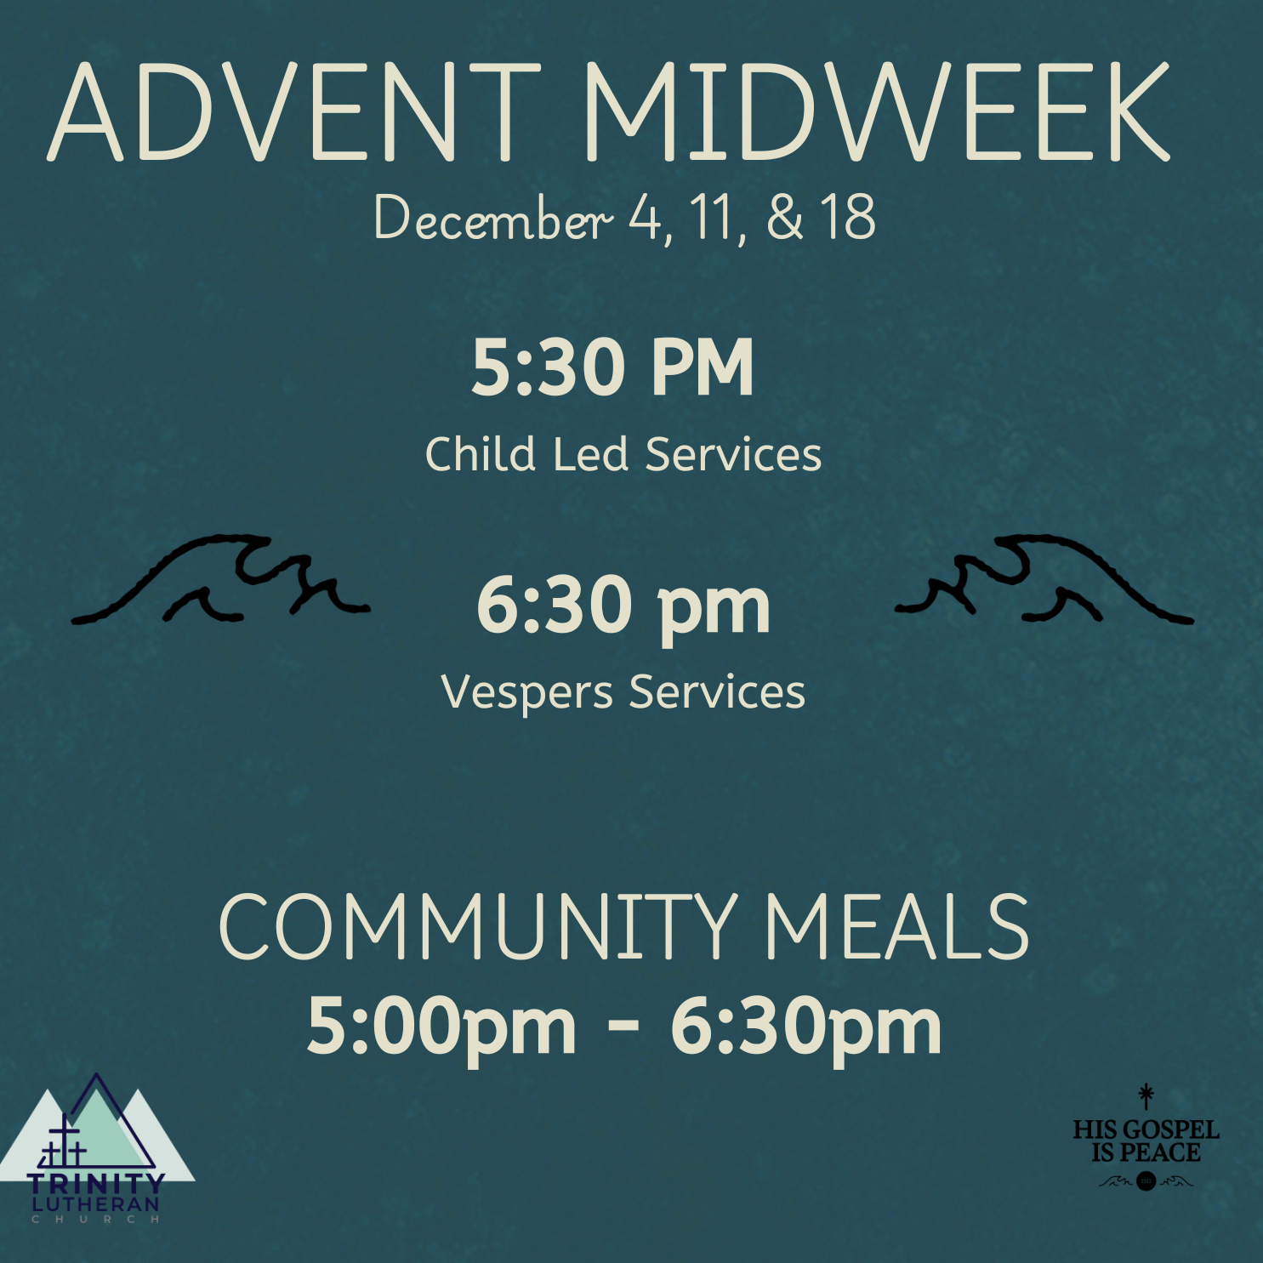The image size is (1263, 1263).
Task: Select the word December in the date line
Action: pos(492,219)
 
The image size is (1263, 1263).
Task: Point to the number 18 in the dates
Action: pos(848,218)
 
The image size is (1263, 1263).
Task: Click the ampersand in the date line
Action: pos(784,218)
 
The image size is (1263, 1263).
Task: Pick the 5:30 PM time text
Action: pos(612,367)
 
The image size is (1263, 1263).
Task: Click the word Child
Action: pos(480,453)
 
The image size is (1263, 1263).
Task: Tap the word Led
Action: pos(590,453)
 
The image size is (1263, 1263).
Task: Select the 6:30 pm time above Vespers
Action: pos(623,606)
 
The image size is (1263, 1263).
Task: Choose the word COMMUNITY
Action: pos(477,928)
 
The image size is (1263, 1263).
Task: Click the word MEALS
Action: pos(896,928)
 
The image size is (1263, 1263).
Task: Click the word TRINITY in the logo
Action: pos(95,1183)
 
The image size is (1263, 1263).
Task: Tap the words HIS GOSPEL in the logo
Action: pos(1146,1130)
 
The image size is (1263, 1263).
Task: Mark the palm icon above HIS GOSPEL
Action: pos(1146,1096)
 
